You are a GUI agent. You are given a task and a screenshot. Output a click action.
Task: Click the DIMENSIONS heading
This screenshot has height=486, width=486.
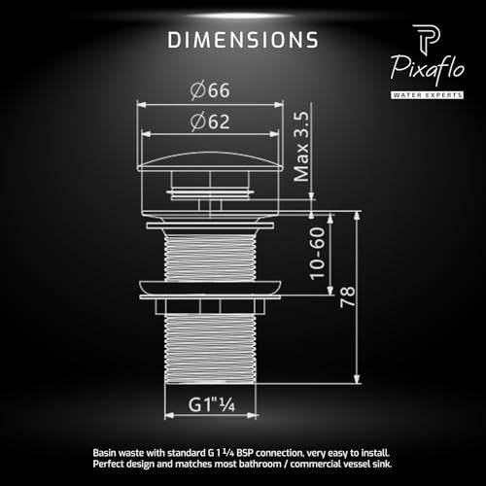[x=243, y=40]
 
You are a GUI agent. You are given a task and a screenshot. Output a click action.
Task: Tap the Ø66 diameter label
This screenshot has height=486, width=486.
[x=210, y=90]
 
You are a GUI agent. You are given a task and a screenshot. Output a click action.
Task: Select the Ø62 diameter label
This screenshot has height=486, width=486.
[x=210, y=121]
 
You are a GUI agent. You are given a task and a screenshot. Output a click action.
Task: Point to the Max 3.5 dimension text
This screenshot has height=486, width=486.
[x=301, y=147]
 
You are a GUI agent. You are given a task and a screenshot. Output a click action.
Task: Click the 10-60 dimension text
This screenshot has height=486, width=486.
[x=317, y=254]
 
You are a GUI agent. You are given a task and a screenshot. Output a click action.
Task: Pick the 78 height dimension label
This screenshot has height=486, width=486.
[x=347, y=296]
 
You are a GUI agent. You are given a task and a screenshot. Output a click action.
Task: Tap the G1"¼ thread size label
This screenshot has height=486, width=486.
[x=212, y=404]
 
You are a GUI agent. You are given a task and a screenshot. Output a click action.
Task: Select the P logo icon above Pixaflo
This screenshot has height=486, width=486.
[x=427, y=38]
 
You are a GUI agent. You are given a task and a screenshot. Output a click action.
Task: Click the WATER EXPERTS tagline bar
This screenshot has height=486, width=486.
[x=427, y=95]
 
